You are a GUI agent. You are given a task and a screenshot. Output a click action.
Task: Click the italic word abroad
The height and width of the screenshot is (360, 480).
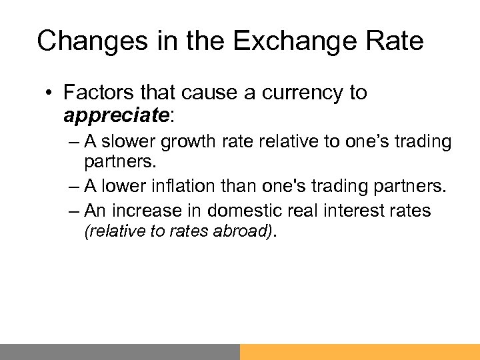[x=239, y=231]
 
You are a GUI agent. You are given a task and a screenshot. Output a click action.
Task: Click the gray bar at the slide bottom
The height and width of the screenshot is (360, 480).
[x=120, y=351]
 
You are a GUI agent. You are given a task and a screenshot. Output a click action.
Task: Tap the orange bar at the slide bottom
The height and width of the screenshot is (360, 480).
[x=360, y=351]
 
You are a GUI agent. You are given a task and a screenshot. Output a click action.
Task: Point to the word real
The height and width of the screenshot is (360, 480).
[x=309, y=211]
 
